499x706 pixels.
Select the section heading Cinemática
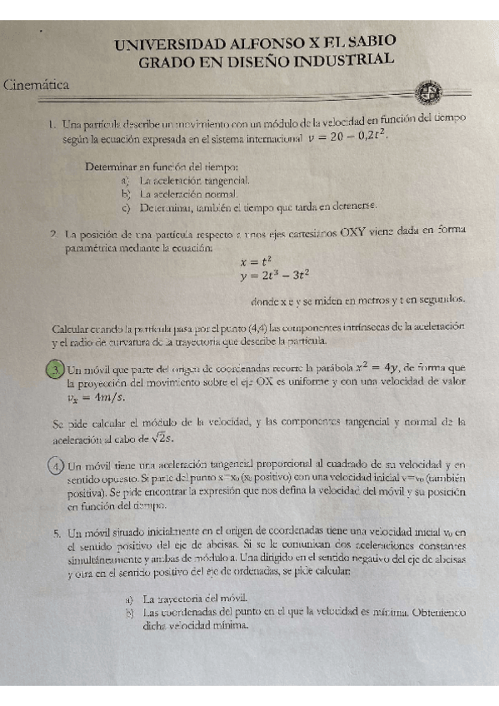click(37, 85)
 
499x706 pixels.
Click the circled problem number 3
click(55, 369)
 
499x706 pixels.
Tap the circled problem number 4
click(55, 465)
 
